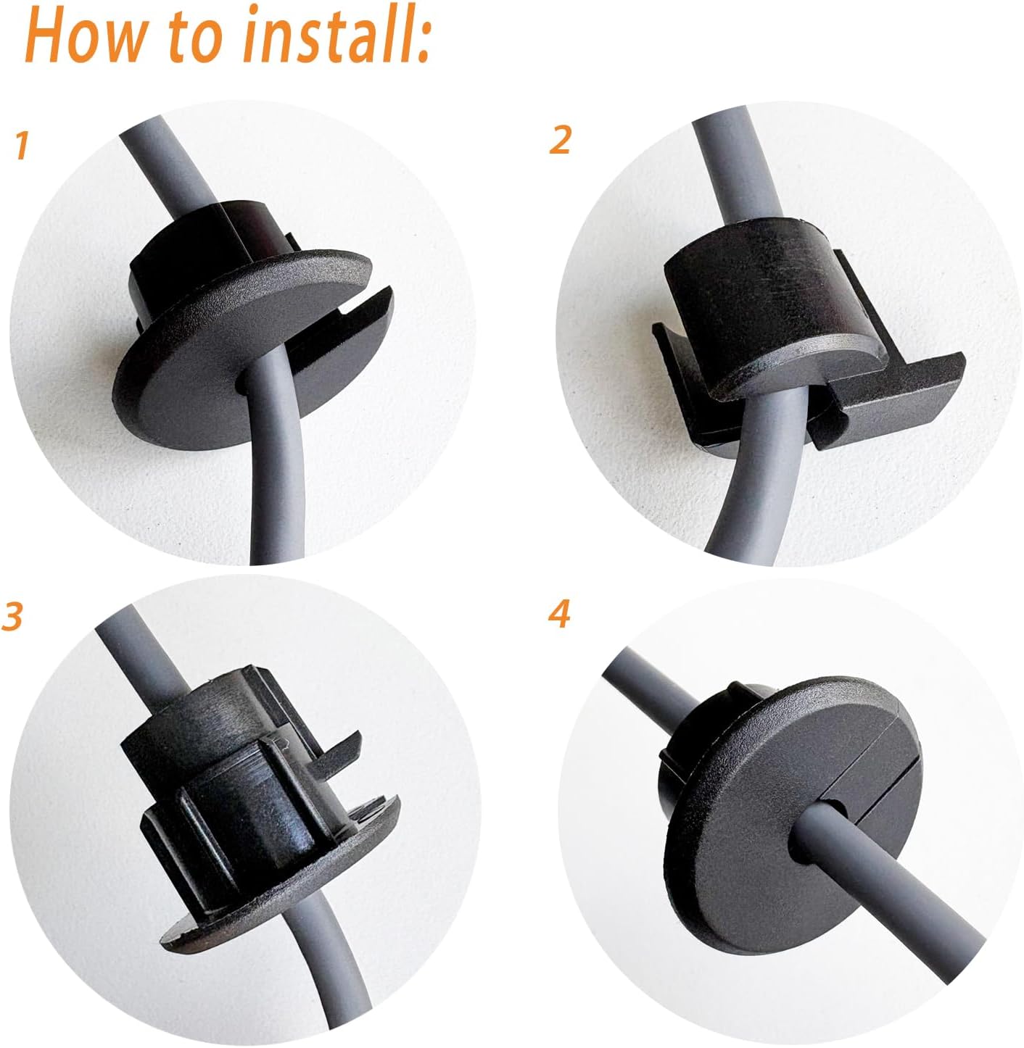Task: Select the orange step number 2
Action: (x=559, y=140)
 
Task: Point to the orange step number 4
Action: (x=559, y=614)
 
